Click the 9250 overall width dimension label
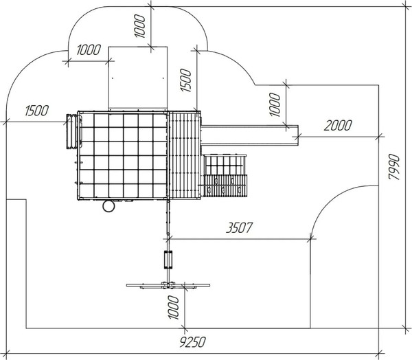192,342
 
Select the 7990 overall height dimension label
394,167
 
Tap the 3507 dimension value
240,227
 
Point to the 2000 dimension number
338,126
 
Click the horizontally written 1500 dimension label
37,111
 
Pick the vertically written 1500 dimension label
186,80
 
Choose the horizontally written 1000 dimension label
89,49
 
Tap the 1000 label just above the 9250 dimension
173,307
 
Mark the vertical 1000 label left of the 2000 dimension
275,104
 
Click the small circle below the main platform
108,206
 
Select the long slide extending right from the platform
250,135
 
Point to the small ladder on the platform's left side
71,131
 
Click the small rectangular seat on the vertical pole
168,260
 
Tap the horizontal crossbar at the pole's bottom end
168,285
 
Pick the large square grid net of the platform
123,155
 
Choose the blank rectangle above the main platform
138,78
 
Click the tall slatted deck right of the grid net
185,155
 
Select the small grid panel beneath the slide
225,165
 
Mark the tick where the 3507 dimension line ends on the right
310,239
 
